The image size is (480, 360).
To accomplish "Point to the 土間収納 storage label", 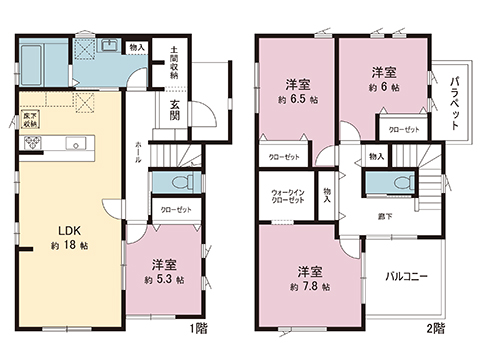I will [174, 62].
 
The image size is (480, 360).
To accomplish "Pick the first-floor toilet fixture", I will [181, 183].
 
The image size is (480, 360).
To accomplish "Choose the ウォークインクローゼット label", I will [287, 197].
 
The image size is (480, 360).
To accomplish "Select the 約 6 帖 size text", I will [384, 87].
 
